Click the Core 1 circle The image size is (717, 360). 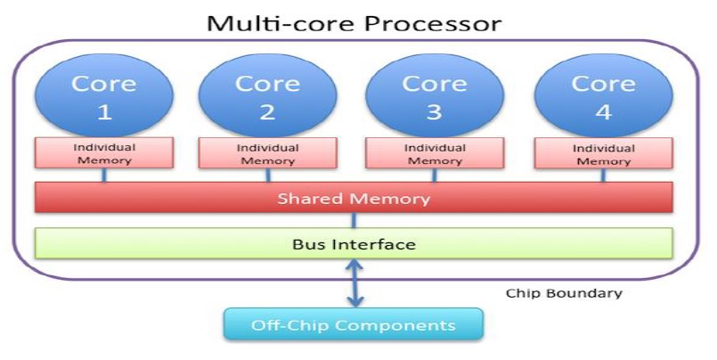pos(104,96)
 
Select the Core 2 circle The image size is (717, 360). pos(266,96)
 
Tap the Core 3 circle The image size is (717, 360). pos(434,96)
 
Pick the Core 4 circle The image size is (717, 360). pos(602,96)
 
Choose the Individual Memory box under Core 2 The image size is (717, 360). pos(266,153)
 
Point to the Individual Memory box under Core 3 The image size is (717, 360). pos(434,153)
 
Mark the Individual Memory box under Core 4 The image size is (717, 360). pos(603,153)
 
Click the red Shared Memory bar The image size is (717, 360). pos(354,198)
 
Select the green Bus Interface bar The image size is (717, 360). pos(354,243)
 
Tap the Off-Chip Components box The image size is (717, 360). pos(353,323)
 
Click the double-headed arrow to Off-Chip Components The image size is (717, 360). pos(354,282)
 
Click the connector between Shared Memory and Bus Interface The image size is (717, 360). pos(354,220)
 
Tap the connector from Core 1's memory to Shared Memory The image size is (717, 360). pos(104,175)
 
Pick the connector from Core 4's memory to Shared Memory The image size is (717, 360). pos(603,175)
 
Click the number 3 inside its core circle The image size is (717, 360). pos(434,112)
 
